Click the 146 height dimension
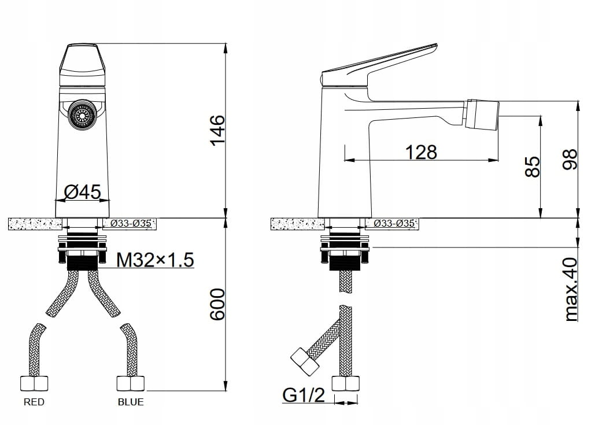coord(218,130)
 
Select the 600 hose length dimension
coord(218,304)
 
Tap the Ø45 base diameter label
coord(83,191)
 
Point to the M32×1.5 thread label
coord(155,260)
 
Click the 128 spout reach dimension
coord(421,152)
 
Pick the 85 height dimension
coord(533,167)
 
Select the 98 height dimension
coord(569,160)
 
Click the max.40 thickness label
coord(571,290)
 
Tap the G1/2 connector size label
coord(304,395)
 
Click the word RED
coord(34,402)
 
